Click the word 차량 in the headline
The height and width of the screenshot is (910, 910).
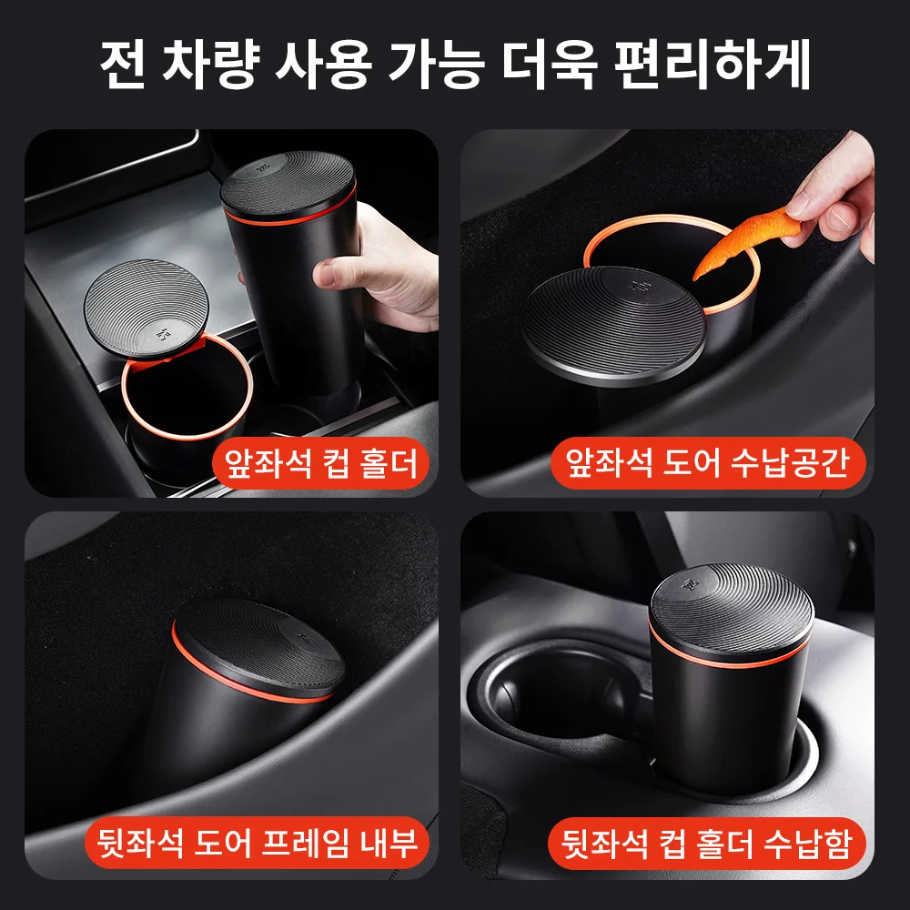point(209,64)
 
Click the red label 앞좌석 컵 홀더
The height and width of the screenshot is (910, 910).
point(321,464)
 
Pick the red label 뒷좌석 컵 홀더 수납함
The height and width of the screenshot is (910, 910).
point(706,843)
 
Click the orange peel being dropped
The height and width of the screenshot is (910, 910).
point(746,243)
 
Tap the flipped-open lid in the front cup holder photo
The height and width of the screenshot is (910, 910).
point(147,308)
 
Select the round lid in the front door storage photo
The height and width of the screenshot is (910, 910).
point(613,325)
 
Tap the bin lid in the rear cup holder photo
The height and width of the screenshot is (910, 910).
point(732,615)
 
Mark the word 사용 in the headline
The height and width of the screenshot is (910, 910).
point(323,64)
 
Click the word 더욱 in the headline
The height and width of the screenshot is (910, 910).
point(550,64)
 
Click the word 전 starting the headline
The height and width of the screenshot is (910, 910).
point(123,64)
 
